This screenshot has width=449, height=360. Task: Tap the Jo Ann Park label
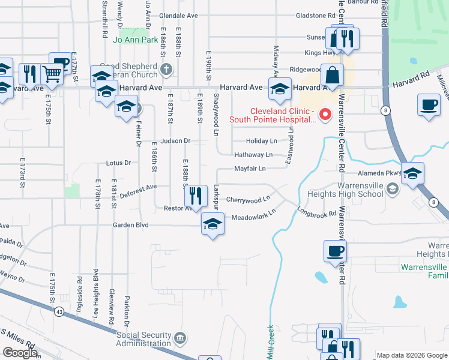click(x=135, y=40)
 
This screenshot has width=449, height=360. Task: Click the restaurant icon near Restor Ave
click(x=195, y=194)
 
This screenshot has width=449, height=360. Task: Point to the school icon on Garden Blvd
click(x=211, y=224)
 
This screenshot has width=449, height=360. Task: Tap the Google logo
click(x=20, y=353)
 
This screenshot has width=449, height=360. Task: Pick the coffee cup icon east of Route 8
click(x=429, y=104)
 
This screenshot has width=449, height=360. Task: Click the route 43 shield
click(x=59, y=312)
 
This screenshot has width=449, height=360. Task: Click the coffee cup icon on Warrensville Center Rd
click(x=335, y=251)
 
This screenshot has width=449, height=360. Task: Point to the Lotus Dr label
click(x=118, y=163)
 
